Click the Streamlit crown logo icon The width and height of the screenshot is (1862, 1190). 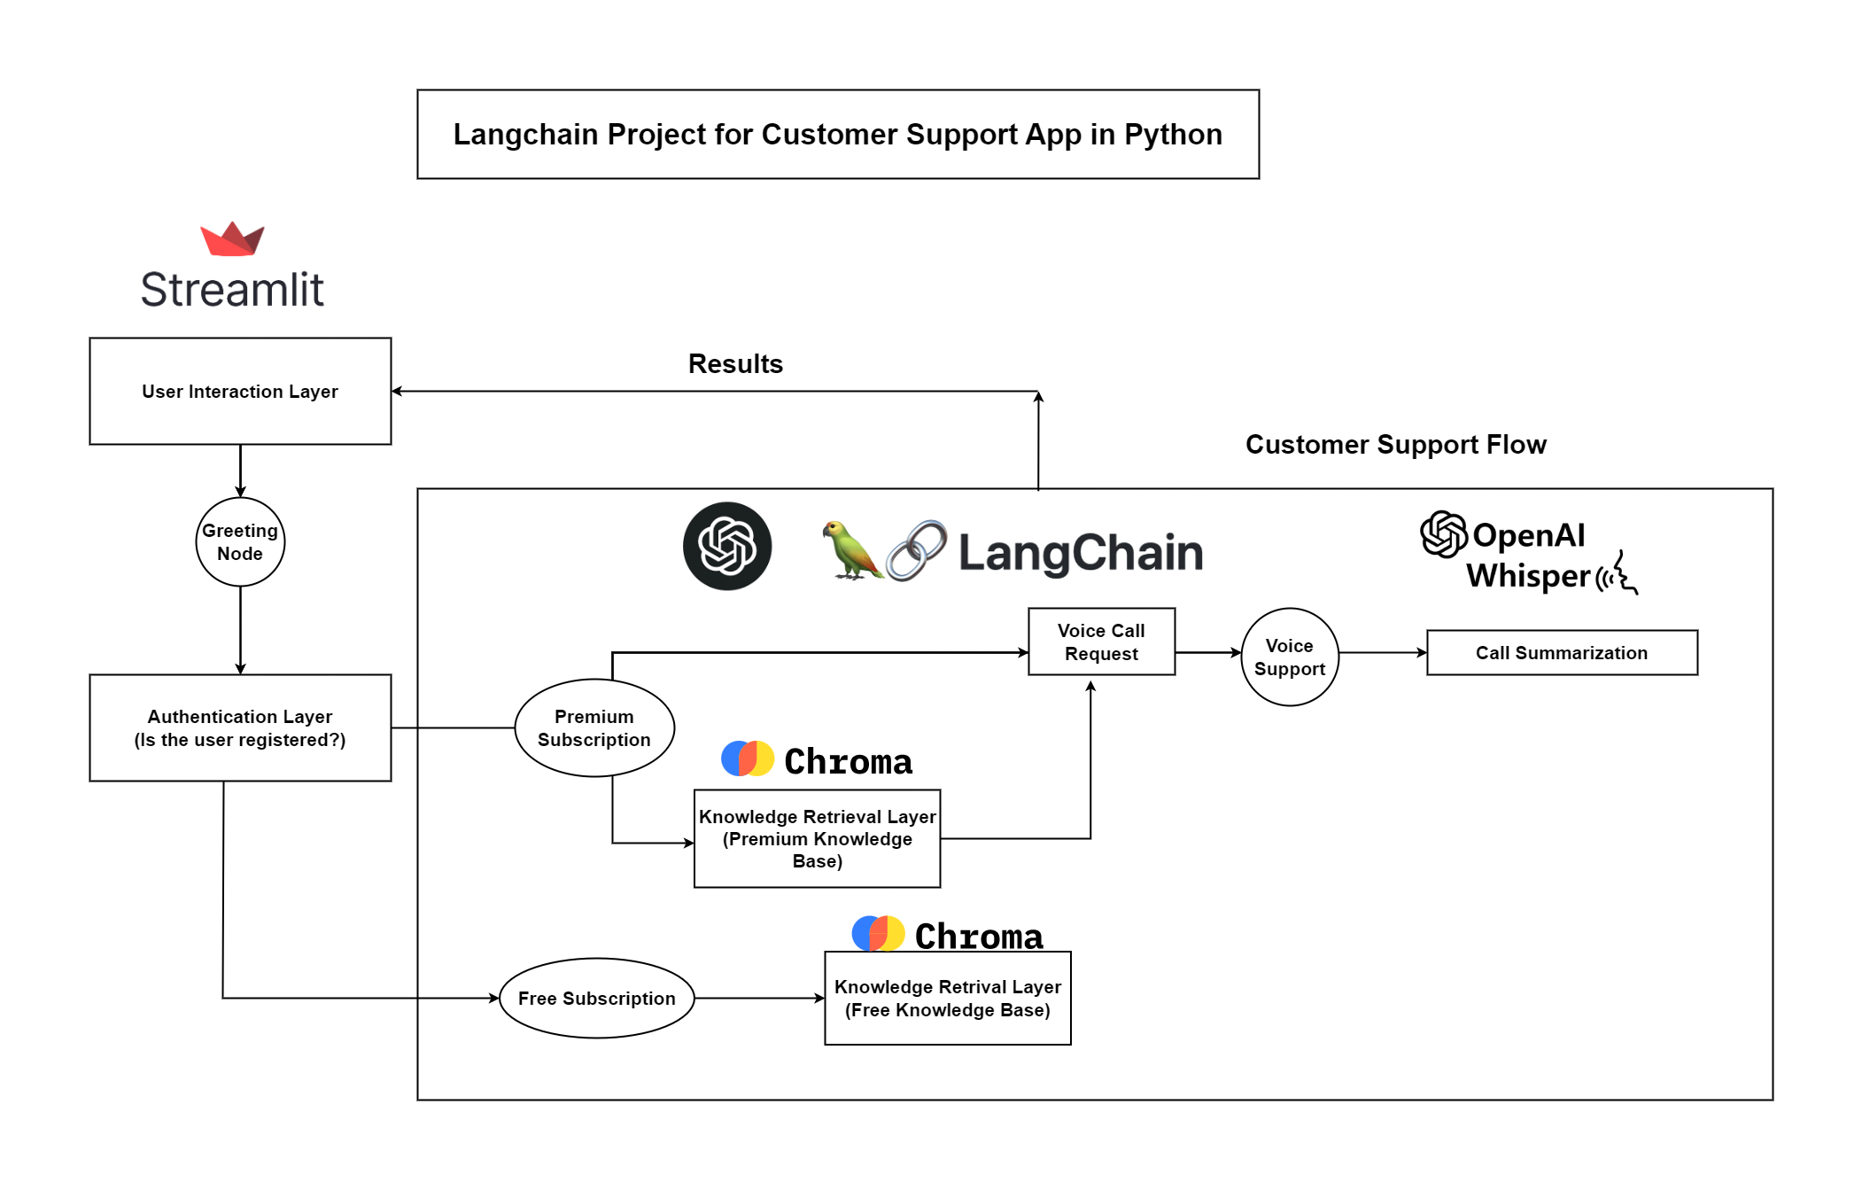click(x=232, y=239)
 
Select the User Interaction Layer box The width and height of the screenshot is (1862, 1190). click(x=240, y=391)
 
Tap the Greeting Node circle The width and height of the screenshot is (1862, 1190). click(x=240, y=541)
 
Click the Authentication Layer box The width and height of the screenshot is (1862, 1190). click(x=240, y=727)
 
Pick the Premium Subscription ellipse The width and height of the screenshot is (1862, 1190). click(x=594, y=727)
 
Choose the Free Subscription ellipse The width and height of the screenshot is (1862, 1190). click(x=596, y=998)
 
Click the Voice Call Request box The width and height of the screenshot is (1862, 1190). click(x=1101, y=642)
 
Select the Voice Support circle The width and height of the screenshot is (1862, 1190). click(x=1289, y=657)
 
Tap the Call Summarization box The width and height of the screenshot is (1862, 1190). click(x=1561, y=653)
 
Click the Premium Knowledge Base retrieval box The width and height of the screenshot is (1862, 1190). click(x=817, y=838)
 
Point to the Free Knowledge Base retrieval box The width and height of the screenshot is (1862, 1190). click(x=947, y=998)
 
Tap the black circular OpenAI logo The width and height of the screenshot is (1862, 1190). click(x=727, y=546)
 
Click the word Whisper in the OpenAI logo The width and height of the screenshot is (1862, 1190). click(x=1528, y=576)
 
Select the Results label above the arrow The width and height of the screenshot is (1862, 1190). click(x=735, y=363)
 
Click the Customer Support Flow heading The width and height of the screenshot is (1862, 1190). click(x=1395, y=444)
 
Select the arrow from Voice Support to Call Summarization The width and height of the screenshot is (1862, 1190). click(x=1382, y=653)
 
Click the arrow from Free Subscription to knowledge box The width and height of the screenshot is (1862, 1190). click(x=759, y=998)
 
